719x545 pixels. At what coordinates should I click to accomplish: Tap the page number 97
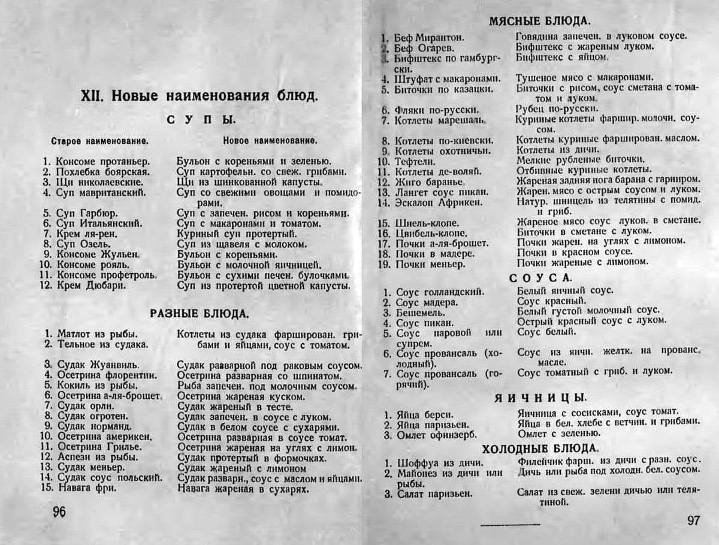point(694,520)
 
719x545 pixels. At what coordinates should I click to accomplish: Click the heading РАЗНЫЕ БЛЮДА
point(200,313)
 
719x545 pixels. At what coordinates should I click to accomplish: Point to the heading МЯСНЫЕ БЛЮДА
point(539,21)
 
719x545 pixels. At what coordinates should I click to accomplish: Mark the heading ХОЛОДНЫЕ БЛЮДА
point(539,449)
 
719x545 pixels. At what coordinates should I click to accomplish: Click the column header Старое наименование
point(100,141)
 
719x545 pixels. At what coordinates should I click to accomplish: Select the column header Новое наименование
point(270,141)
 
